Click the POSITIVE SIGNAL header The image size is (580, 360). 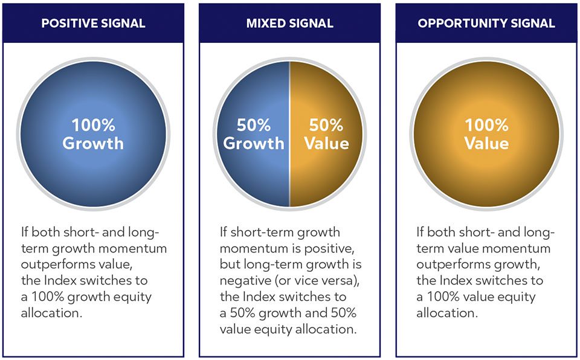(x=93, y=24)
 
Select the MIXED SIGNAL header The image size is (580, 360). (x=289, y=24)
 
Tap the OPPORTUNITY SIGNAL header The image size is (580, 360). (x=486, y=24)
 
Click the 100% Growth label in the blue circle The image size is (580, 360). (x=93, y=134)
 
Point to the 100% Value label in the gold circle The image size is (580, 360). (x=486, y=134)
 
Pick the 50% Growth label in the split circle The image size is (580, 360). (x=253, y=134)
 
